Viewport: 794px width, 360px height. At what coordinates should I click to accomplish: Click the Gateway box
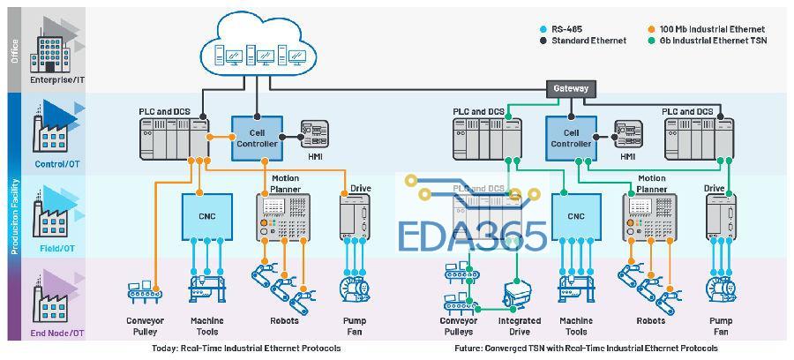click(x=571, y=89)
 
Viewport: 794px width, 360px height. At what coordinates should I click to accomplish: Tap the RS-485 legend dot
click(x=543, y=29)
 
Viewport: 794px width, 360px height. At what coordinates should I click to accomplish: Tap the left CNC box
click(x=206, y=216)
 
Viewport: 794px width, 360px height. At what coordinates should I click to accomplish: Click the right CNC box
click(x=576, y=216)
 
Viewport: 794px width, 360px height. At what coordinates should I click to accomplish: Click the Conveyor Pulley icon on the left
click(x=146, y=290)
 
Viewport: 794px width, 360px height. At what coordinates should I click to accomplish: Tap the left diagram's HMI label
click(x=315, y=156)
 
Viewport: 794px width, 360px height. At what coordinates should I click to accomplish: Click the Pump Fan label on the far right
click(x=721, y=326)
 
